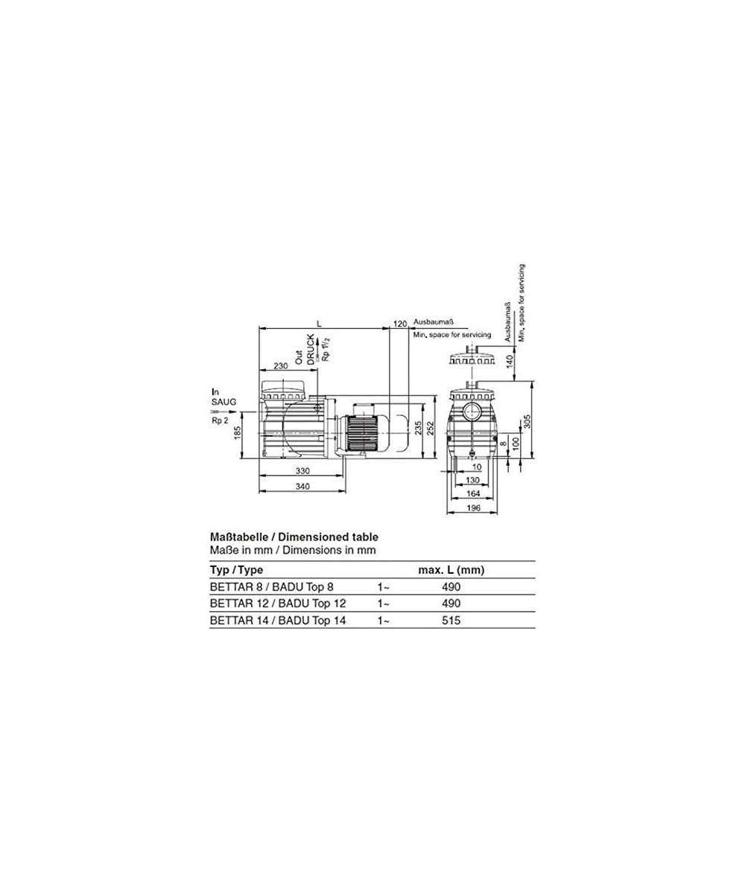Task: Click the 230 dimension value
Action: pyautogui.click(x=280, y=365)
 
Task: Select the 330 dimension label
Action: pyautogui.click(x=302, y=471)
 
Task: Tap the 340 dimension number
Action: pyautogui.click(x=302, y=486)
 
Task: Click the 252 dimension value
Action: pyautogui.click(x=431, y=428)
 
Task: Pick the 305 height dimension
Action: pyautogui.click(x=527, y=422)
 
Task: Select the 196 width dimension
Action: pyautogui.click(x=473, y=508)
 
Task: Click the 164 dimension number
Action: pyautogui.click(x=473, y=493)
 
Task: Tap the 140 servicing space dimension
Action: pyautogui.click(x=509, y=361)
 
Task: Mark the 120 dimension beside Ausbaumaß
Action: pyautogui.click(x=399, y=324)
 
